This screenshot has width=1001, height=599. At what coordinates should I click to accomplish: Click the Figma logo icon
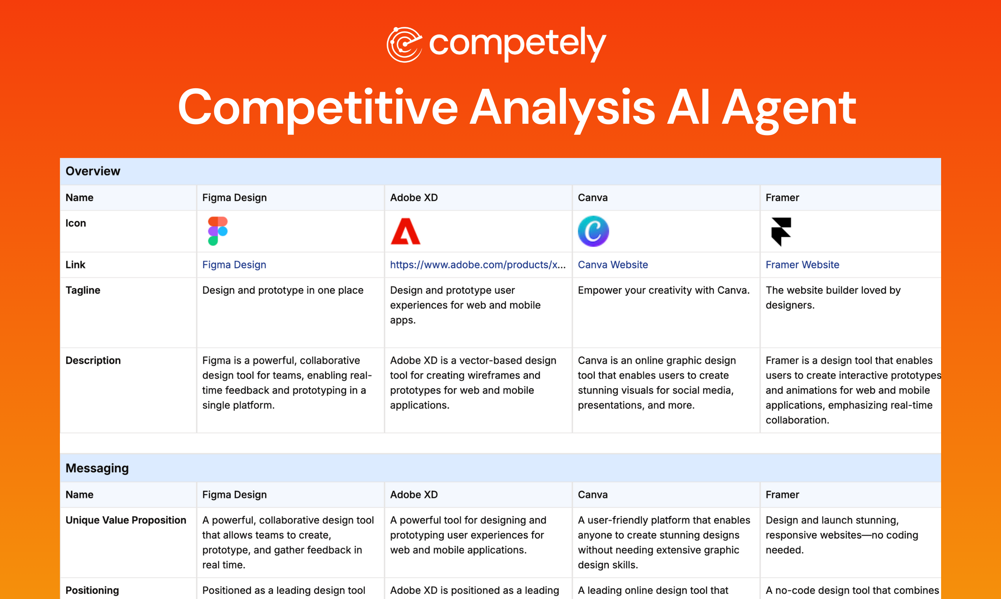pos(218,231)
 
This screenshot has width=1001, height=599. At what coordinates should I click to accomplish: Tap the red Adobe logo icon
pos(405,231)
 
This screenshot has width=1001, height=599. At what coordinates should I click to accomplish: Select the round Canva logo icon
pos(593,231)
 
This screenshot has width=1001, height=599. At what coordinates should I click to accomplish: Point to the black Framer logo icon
pos(781,231)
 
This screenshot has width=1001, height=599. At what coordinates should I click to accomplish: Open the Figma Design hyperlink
pos(234,265)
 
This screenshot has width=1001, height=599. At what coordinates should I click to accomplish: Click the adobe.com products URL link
pos(478,265)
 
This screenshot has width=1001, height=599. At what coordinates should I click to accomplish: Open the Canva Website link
pos(612,265)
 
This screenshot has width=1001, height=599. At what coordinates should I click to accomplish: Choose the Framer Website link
pos(802,265)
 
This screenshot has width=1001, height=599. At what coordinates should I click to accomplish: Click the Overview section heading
pos(93,171)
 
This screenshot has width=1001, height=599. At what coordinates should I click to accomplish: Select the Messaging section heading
pos(97,468)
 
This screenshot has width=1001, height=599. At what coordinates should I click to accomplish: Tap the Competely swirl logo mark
pos(404,45)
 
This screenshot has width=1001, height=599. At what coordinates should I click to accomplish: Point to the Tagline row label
pos(83,290)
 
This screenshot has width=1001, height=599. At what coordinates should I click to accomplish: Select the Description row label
pos(93,361)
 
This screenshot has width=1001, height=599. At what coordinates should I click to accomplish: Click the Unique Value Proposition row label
pos(126,520)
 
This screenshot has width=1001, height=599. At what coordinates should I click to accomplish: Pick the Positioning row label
pos(92,590)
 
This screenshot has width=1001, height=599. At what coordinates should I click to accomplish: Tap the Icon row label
pos(76,223)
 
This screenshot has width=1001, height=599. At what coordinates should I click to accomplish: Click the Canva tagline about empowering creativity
pos(663,290)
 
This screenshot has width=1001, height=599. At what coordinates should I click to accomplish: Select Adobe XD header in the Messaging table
pos(414,495)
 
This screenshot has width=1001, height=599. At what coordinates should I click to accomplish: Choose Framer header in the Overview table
pos(782,197)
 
